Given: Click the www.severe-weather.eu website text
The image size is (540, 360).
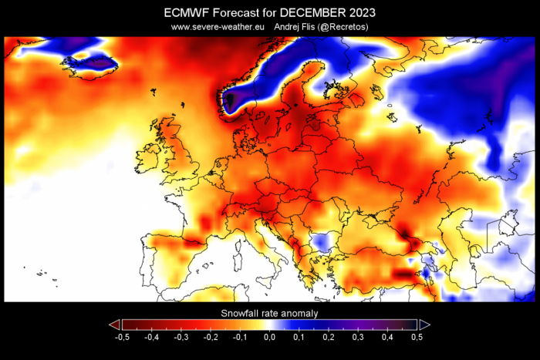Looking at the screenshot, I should point(219,27).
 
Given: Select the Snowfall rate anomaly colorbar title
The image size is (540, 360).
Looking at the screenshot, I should point(269,313).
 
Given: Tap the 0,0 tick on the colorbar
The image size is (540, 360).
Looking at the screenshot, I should point(269,338).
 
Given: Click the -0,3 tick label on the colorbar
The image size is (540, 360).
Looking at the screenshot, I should point(181,338).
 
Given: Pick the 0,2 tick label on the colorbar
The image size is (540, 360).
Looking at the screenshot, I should point(329,338).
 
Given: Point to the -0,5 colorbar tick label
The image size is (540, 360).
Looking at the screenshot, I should point(121,338).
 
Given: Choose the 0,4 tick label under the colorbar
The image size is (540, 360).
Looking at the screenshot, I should point(388,338).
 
